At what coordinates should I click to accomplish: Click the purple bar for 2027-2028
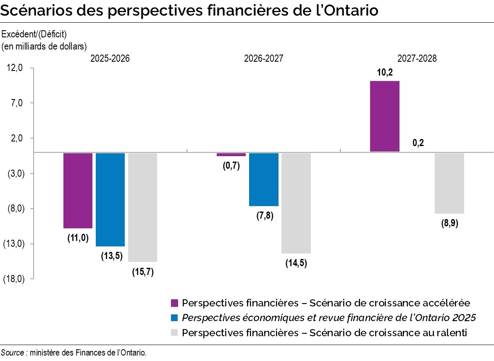[384, 116]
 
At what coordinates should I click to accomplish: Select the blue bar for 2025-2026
[110, 199]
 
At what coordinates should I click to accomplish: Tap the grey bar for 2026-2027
[296, 203]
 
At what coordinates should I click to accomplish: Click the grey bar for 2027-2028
[449, 183]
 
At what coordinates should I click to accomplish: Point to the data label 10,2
[384, 73]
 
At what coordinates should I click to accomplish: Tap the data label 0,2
[418, 143]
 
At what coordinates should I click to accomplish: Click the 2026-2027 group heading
[263, 58]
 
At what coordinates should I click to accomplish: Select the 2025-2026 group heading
[110, 58]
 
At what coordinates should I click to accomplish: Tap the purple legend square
[175, 303]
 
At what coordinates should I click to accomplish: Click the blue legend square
[175, 318]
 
